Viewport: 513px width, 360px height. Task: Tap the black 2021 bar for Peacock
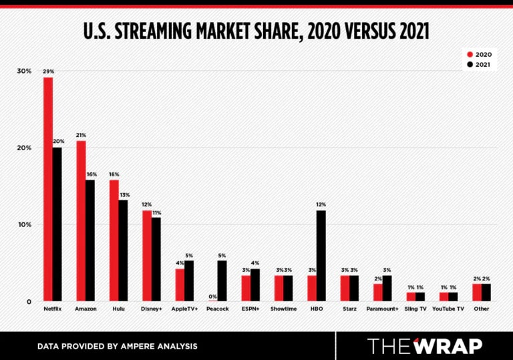(x=222, y=281)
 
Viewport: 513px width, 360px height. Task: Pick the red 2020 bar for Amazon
(x=81, y=220)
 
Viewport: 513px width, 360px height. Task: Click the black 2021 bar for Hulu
(x=123, y=250)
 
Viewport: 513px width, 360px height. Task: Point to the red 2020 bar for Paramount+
(x=378, y=293)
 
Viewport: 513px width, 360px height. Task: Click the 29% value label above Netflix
(x=48, y=71)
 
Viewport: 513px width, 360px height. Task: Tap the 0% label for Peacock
(x=213, y=296)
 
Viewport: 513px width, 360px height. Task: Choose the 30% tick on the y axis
(x=24, y=71)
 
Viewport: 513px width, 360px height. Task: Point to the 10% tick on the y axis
(x=24, y=224)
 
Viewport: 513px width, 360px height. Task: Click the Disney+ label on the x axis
(x=151, y=309)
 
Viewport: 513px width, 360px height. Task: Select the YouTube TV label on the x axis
(x=448, y=309)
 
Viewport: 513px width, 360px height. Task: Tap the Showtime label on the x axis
(x=283, y=309)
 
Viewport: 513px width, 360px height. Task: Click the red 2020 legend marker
(x=470, y=54)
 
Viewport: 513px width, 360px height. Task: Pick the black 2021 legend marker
(x=470, y=65)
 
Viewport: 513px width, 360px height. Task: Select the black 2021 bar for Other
(x=486, y=293)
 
